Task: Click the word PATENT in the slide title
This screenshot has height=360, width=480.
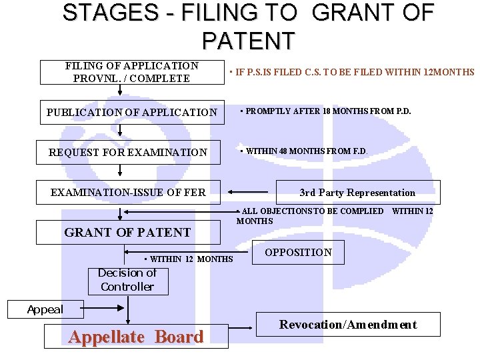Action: point(247,41)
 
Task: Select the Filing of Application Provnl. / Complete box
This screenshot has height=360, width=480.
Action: point(131,72)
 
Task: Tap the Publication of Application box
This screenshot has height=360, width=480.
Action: point(131,113)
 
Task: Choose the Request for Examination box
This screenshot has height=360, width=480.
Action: point(128,153)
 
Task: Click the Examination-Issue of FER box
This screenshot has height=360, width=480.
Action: point(128,193)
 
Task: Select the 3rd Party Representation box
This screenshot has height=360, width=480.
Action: point(357,193)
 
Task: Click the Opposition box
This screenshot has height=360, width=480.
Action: point(298,252)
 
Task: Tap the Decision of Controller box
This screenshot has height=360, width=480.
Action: point(127,281)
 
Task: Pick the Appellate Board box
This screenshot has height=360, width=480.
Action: point(136,337)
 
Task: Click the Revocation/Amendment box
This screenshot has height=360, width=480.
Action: point(348,325)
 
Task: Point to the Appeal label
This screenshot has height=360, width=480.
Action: point(45,309)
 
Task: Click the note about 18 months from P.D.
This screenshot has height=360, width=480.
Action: point(325,111)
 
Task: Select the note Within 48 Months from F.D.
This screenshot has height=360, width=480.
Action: point(303,151)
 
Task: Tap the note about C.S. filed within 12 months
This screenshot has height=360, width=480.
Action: point(351,72)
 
